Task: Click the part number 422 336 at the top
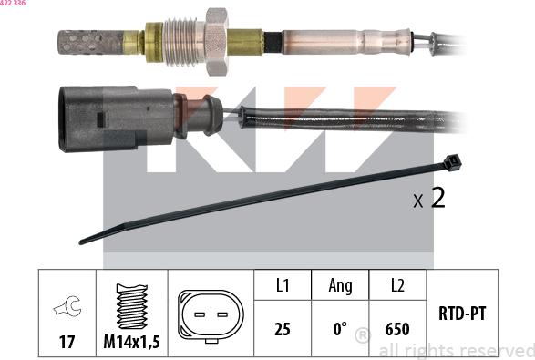click(13, 3)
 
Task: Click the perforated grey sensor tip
click(91, 43)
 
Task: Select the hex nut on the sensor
click(216, 42)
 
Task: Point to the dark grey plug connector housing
click(116, 118)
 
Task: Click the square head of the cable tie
click(452, 163)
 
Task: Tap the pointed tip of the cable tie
click(81, 242)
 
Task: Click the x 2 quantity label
click(429, 198)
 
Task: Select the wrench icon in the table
click(67, 306)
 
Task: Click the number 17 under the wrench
click(67, 342)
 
